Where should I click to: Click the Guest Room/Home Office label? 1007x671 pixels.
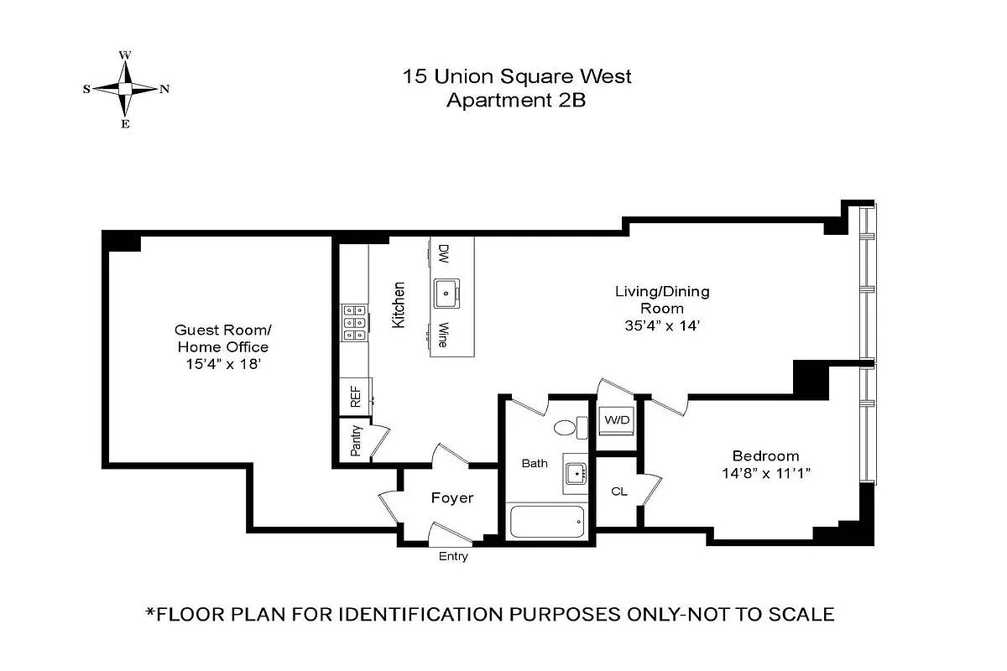tap(222, 338)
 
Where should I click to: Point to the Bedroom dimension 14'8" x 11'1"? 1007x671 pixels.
tap(765, 473)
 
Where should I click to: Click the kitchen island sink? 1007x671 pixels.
tap(446, 293)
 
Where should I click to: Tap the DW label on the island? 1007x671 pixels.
tap(443, 252)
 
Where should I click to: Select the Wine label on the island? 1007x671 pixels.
tap(442, 335)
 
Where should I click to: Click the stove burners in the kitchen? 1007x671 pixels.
tap(351, 322)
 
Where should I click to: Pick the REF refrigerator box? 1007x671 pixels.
tap(355, 397)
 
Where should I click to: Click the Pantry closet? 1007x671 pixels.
tap(356, 440)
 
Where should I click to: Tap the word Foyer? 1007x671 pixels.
tap(452, 497)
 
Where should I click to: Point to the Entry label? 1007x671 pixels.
tap(453, 557)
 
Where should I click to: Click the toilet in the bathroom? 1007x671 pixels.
tap(569, 428)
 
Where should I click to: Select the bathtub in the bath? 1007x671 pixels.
tap(547, 522)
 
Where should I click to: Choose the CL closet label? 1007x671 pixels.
tap(618, 492)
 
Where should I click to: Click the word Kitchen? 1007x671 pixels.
tap(399, 304)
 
